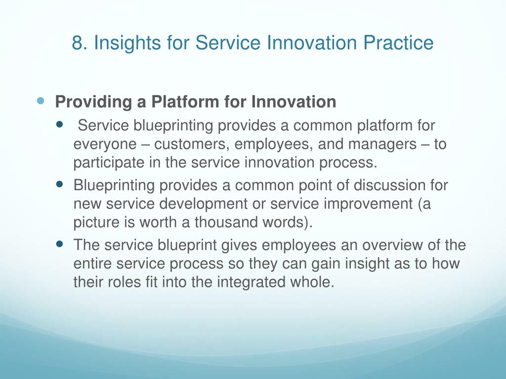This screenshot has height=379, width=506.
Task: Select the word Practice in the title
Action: pyautogui.click(x=398, y=43)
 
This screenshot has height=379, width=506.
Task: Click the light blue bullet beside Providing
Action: pyautogui.click(x=40, y=101)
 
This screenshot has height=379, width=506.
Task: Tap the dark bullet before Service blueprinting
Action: pyautogui.click(x=60, y=124)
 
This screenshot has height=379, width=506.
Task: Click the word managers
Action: pyautogui.click(x=382, y=145)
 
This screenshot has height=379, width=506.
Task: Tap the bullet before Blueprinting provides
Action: pyautogui.click(x=60, y=185)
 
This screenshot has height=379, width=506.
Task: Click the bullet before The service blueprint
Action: pyautogui.click(x=60, y=244)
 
